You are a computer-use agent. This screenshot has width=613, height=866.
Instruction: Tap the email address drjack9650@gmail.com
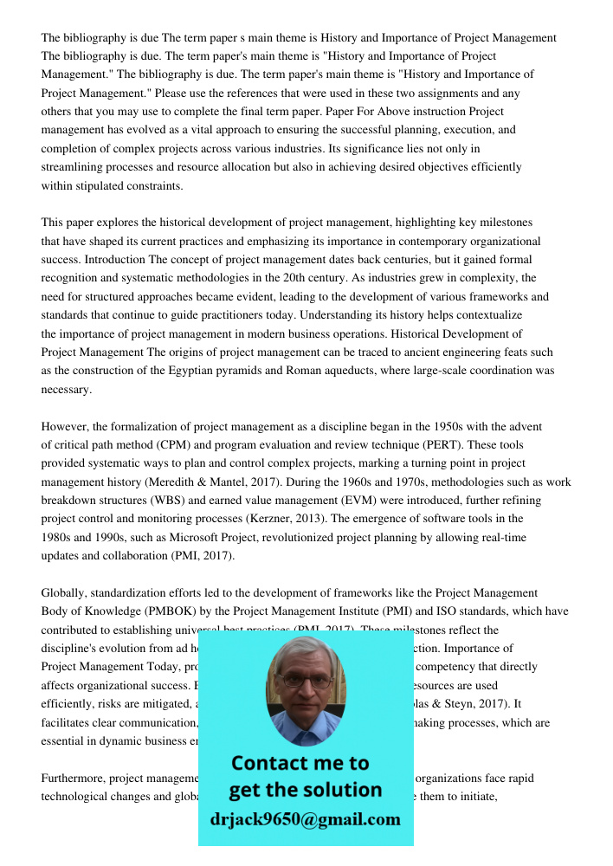point(305,819)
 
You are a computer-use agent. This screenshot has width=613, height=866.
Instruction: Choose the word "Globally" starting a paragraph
point(63,592)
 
